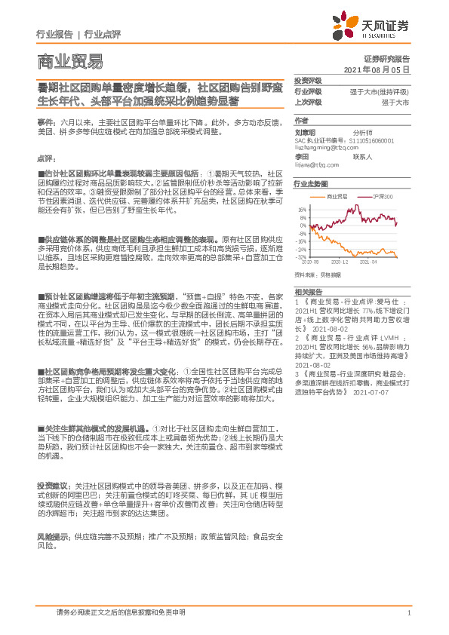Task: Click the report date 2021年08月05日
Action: click(x=376, y=69)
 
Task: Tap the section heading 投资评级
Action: click(x=308, y=80)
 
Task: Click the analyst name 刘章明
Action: click(x=304, y=131)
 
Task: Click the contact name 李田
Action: click(x=301, y=157)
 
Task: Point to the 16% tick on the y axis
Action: click(x=302, y=210)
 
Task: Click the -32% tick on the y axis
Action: click(x=301, y=256)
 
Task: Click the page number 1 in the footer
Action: click(x=408, y=613)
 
